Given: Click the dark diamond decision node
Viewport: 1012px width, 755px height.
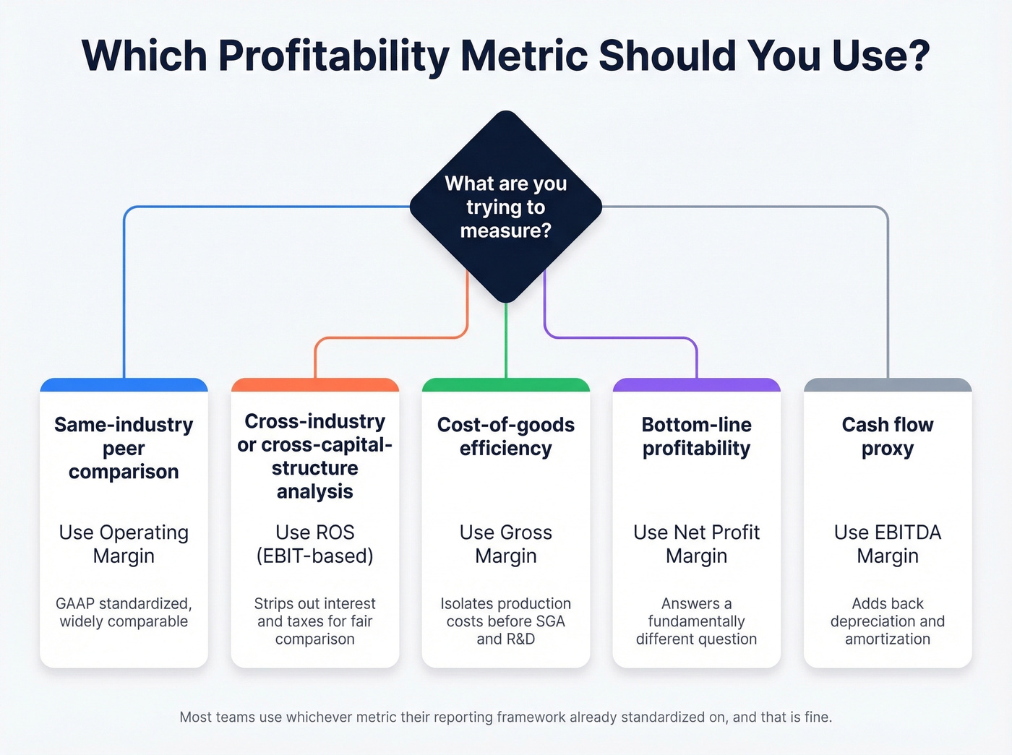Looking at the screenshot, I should [x=506, y=207].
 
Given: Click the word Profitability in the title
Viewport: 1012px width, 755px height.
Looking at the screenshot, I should [x=333, y=56].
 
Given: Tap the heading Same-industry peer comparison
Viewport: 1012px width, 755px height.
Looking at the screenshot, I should [x=124, y=448].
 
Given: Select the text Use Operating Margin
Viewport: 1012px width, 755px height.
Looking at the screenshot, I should [x=124, y=544].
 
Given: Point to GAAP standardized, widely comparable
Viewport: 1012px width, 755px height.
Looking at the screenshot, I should [x=124, y=613].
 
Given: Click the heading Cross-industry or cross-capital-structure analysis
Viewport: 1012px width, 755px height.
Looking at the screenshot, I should [x=315, y=456].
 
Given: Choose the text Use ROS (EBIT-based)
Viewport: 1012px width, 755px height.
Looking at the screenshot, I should [x=315, y=544].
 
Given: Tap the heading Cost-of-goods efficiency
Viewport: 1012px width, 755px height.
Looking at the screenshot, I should [x=506, y=436].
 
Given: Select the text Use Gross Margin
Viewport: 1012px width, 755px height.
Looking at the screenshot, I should [x=506, y=544].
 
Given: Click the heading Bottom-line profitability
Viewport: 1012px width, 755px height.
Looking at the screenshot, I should [x=697, y=436].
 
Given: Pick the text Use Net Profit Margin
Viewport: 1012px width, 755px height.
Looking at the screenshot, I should [x=697, y=544].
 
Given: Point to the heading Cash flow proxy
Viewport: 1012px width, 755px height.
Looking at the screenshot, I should [x=888, y=436].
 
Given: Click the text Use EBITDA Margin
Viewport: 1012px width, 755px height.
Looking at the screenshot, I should [x=888, y=544].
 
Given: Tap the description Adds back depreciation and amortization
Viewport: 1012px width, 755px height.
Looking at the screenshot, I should [x=888, y=621].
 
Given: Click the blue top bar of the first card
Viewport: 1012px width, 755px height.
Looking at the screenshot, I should [x=124, y=385].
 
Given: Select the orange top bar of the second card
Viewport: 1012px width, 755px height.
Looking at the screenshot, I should [x=315, y=385].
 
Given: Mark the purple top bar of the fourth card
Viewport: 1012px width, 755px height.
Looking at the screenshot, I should [x=697, y=385].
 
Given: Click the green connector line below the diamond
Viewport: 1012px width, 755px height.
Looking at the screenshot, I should [x=506, y=340].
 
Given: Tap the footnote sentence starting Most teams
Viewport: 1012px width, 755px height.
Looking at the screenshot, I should [x=506, y=717].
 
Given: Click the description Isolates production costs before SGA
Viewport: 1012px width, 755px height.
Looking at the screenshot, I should [x=506, y=621].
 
